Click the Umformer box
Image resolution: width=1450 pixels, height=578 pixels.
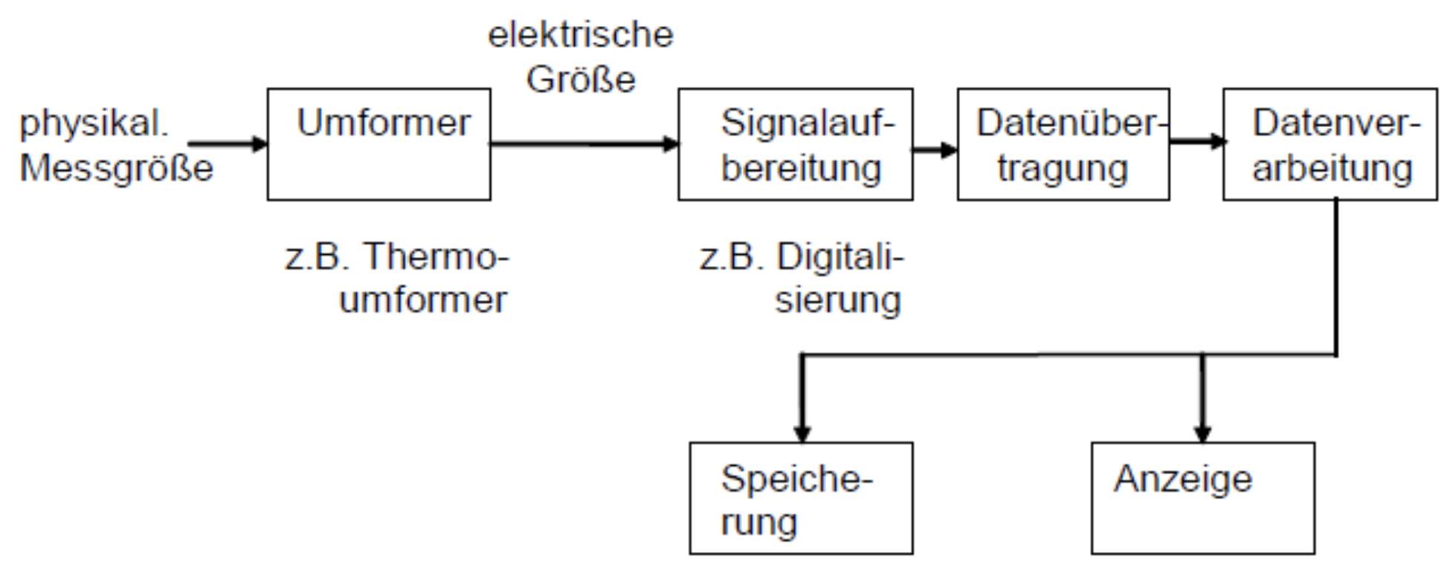(x=378, y=145)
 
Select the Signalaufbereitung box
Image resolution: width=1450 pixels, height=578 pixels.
(x=795, y=145)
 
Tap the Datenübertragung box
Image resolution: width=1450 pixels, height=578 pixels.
(x=1063, y=145)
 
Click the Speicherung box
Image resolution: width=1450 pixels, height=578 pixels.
(x=801, y=499)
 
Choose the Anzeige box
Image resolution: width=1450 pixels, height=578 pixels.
(x=1202, y=499)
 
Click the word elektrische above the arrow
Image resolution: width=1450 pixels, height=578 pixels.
(x=580, y=35)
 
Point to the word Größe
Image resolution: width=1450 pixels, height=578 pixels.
(x=581, y=79)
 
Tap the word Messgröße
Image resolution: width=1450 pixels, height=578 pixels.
(x=116, y=168)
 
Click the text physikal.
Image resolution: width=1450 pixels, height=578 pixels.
(x=94, y=123)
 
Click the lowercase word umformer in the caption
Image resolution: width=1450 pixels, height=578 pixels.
(x=422, y=300)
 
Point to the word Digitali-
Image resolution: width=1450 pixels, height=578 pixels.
(x=840, y=257)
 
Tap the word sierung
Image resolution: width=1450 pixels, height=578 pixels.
(x=838, y=300)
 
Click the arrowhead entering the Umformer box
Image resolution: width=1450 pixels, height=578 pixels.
(x=260, y=143)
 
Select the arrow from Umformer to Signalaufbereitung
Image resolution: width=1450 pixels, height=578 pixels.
(x=584, y=144)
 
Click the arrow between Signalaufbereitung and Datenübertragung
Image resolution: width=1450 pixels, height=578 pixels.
(x=935, y=149)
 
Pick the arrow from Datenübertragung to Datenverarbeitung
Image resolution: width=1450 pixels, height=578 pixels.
(x=1196, y=140)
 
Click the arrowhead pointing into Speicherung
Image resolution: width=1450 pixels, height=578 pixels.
(x=802, y=433)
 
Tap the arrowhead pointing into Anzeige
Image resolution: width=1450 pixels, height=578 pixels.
(x=1202, y=433)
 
